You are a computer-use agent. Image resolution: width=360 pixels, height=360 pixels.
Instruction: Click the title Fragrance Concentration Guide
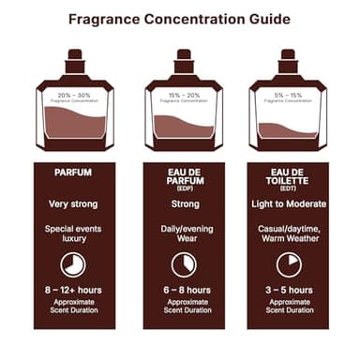tap(179, 18)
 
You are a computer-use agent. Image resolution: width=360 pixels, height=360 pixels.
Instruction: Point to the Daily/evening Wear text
tap(184, 232)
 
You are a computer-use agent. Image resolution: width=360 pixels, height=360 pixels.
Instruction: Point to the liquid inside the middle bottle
tap(184, 125)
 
